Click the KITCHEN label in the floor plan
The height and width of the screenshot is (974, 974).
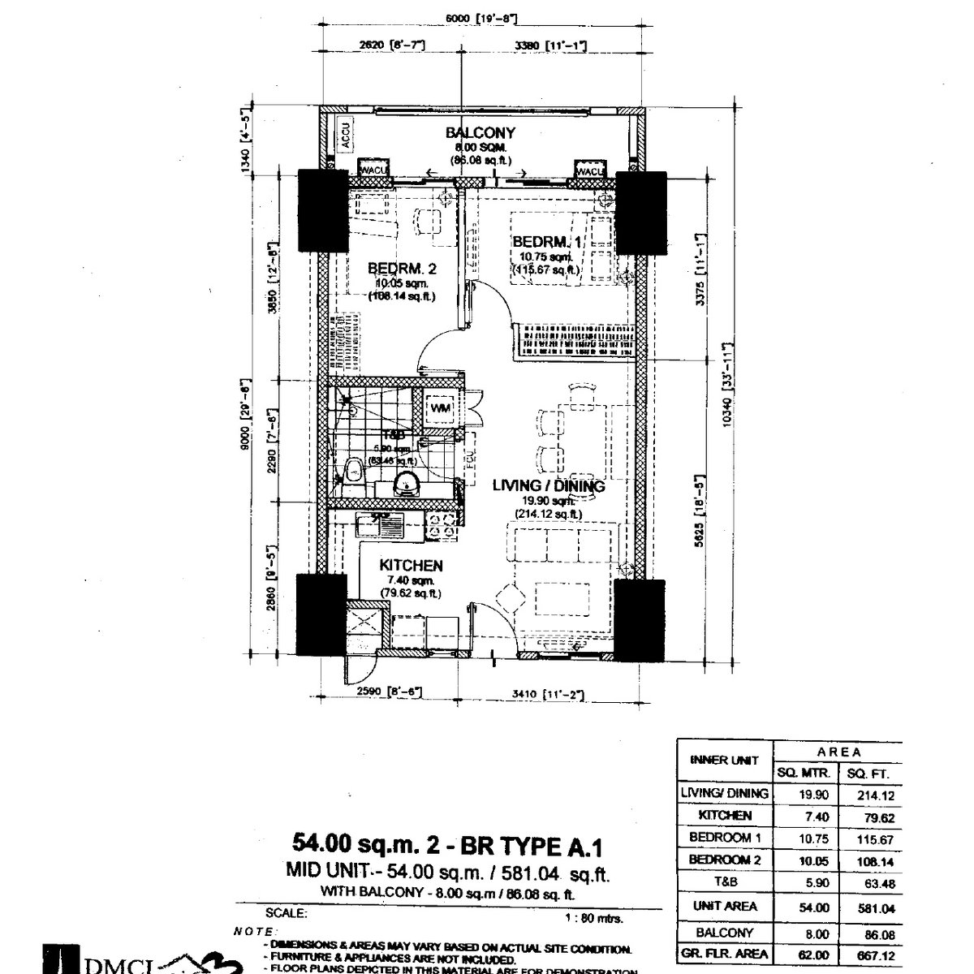click(412, 566)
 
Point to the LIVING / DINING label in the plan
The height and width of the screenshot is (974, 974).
click(549, 486)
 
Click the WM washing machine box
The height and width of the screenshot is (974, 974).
click(440, 407)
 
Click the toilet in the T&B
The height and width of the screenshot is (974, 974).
click(353, 472)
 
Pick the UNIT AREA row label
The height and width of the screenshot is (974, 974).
click(725, 907)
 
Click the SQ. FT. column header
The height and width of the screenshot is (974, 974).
click(870, 772)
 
